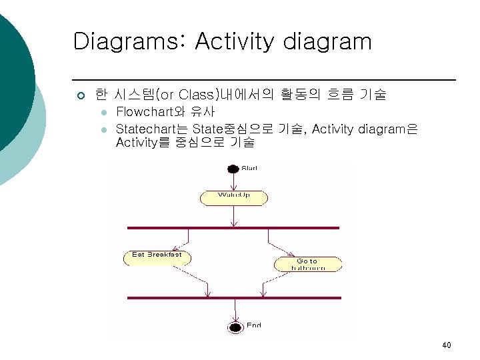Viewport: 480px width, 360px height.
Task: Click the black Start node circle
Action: click(233, 169)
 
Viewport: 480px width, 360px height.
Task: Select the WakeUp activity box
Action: click(234, 197)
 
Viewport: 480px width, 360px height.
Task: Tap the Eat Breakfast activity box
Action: click(157, 257)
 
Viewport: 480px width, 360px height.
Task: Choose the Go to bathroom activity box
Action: click(307, 264)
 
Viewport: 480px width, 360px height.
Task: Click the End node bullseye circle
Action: click(235, 327)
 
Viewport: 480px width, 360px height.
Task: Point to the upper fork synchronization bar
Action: click(233, 228)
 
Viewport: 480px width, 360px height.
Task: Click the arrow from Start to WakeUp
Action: click(233, 182)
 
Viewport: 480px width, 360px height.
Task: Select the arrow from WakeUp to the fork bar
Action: click(234, 216)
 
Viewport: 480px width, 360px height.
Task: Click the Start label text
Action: click(249, 168)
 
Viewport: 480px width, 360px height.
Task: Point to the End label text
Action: click(254, 325)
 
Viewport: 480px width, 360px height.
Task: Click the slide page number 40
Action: click(446, 345)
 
